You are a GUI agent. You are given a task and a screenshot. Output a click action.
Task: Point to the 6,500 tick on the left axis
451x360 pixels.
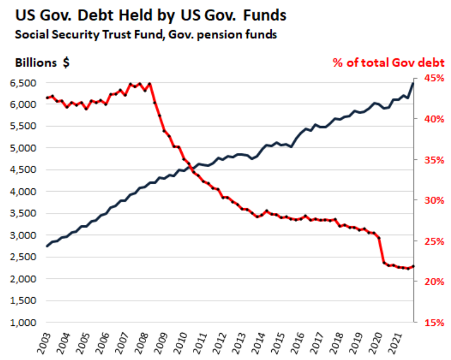(22, 83)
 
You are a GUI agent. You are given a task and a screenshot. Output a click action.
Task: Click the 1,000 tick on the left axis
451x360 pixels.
(22, 322)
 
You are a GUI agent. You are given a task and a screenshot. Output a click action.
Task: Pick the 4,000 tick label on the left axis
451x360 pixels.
(22, 192)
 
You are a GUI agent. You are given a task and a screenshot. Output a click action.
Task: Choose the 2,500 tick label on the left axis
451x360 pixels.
(22, 257)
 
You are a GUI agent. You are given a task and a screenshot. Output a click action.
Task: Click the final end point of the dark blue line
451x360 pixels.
(413, 84)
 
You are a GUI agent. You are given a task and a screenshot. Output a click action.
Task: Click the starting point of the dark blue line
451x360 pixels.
(47, 246)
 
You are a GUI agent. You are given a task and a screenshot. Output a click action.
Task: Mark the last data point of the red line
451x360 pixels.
(413, 266)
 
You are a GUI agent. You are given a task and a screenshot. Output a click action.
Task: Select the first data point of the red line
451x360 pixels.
(47, 98)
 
